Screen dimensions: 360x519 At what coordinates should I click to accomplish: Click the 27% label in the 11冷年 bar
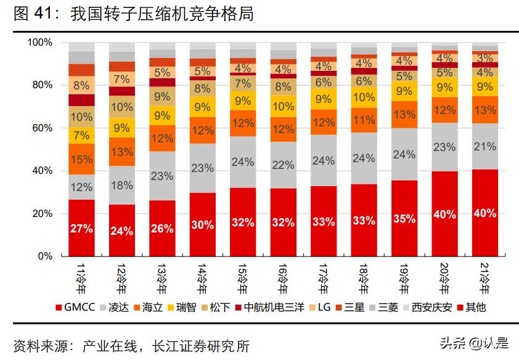click(x=81, y=229)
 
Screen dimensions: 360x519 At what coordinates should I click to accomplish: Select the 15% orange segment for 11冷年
click(x=81, y=160)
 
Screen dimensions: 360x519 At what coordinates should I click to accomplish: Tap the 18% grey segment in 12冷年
click(x=122, y=186)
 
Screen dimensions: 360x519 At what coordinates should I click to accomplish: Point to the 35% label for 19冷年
click(x=404, y=218)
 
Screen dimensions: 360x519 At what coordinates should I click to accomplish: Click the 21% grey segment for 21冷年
click(x=485, y=147)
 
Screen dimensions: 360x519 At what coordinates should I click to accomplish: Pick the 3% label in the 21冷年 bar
click(x=485, y=58)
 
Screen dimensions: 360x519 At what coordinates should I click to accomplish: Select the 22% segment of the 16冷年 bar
click(x=284, y=165)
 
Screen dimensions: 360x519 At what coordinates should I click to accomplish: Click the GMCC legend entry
click(x=75, y=306)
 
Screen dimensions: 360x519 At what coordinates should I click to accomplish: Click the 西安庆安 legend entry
click(x=429, y=306)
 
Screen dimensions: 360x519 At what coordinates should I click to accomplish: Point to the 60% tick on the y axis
click(x=41, y=128)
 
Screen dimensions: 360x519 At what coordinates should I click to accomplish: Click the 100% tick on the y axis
click(x=39, y=43)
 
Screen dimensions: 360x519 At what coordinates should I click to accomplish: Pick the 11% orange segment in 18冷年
click(x=364, y=120)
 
